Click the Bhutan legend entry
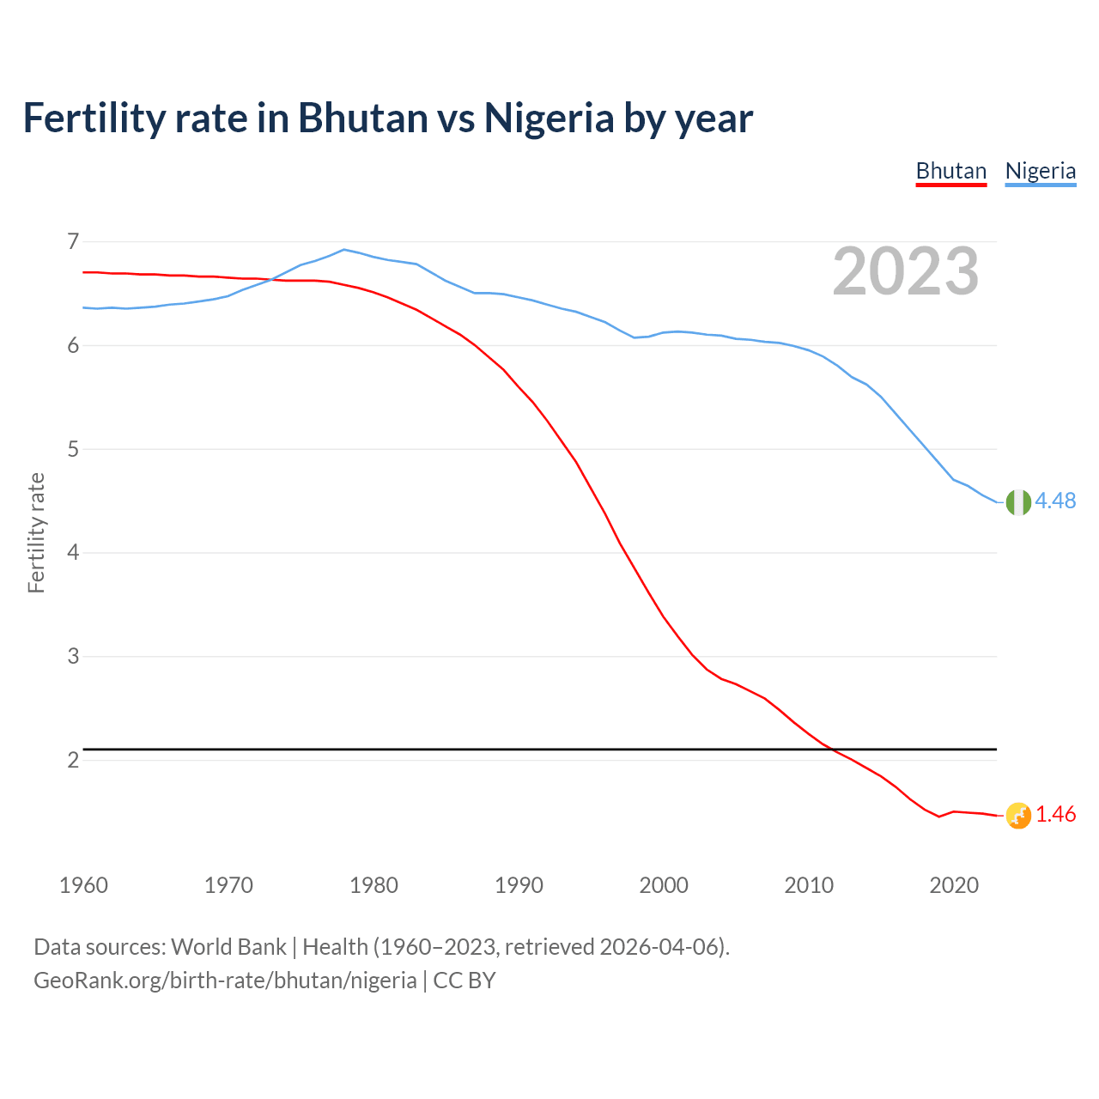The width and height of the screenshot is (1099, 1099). point(950,171)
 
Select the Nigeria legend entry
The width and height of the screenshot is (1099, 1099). point(1040,171)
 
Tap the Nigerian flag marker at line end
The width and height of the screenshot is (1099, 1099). point(1017,502)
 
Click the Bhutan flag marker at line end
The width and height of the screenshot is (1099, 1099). point(1017,816)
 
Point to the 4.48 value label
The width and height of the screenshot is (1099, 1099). point(1055,501)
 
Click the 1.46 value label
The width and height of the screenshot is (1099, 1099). point(1055,814)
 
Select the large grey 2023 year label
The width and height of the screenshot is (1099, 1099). point(905,271)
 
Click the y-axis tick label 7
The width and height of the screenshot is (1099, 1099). point(73,241)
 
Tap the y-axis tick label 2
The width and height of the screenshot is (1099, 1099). point(73,760)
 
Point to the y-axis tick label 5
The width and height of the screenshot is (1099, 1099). point(73,449)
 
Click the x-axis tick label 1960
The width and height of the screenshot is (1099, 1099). point(83,885)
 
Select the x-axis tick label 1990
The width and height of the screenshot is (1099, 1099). point(519,885)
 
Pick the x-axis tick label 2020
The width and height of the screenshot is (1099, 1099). point(954,885)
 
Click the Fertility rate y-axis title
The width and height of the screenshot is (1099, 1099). point(36,532)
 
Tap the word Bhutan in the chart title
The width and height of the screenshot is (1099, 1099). point(362,118)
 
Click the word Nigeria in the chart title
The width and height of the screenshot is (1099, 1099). point(549,118)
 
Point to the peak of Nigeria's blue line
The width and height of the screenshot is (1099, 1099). point(344,250)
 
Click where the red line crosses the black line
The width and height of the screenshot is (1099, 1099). point(831,750)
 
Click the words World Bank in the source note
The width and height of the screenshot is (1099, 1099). point(228,947)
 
